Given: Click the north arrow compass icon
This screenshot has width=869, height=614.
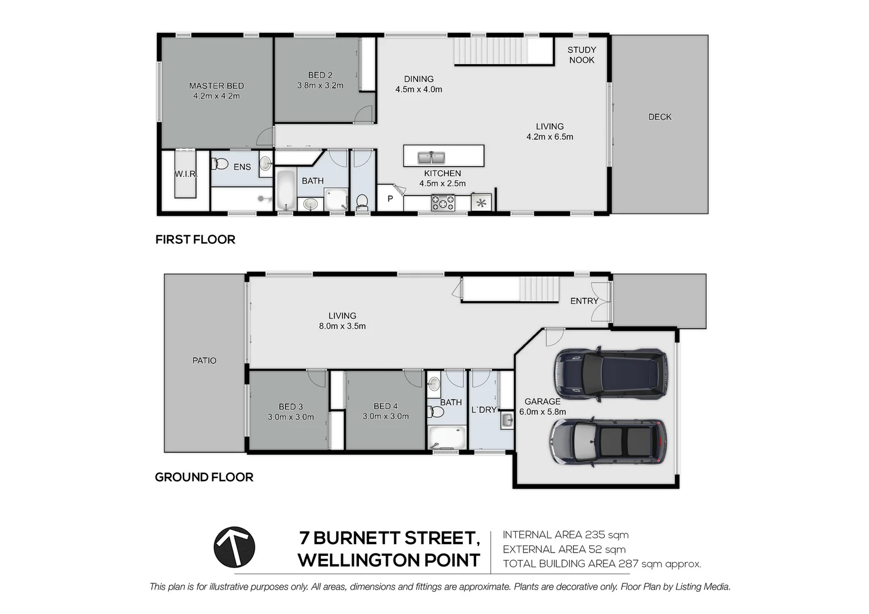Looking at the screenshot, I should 234,547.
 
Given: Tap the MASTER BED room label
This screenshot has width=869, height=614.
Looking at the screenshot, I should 216,86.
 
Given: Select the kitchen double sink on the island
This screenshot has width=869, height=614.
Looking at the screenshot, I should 431,157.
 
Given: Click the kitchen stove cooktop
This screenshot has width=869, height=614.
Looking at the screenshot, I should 442,202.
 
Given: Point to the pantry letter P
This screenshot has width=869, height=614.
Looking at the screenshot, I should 390,199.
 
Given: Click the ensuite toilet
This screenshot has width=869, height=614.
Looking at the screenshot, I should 220,164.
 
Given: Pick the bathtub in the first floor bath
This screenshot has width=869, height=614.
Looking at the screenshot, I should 285,190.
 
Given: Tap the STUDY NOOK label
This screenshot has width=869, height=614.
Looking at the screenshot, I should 581,55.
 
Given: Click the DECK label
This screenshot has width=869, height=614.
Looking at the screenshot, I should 660,117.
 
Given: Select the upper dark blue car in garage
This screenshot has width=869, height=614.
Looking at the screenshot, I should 610,374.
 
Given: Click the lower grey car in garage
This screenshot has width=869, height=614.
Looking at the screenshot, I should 607,443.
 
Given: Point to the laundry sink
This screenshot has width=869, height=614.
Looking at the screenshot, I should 506,421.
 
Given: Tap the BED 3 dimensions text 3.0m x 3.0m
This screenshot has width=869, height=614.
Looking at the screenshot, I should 291,417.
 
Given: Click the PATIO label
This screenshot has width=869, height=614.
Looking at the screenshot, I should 204,360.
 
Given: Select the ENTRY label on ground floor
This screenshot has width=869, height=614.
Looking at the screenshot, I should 584,301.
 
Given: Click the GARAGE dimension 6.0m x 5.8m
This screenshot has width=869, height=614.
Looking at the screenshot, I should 543,412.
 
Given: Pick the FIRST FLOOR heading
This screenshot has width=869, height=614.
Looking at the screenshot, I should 195,239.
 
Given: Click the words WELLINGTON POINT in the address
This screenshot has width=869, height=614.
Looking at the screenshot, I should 388,560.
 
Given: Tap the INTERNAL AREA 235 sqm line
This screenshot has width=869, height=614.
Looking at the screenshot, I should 565,534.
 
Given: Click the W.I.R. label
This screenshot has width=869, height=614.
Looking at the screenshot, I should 185,173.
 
